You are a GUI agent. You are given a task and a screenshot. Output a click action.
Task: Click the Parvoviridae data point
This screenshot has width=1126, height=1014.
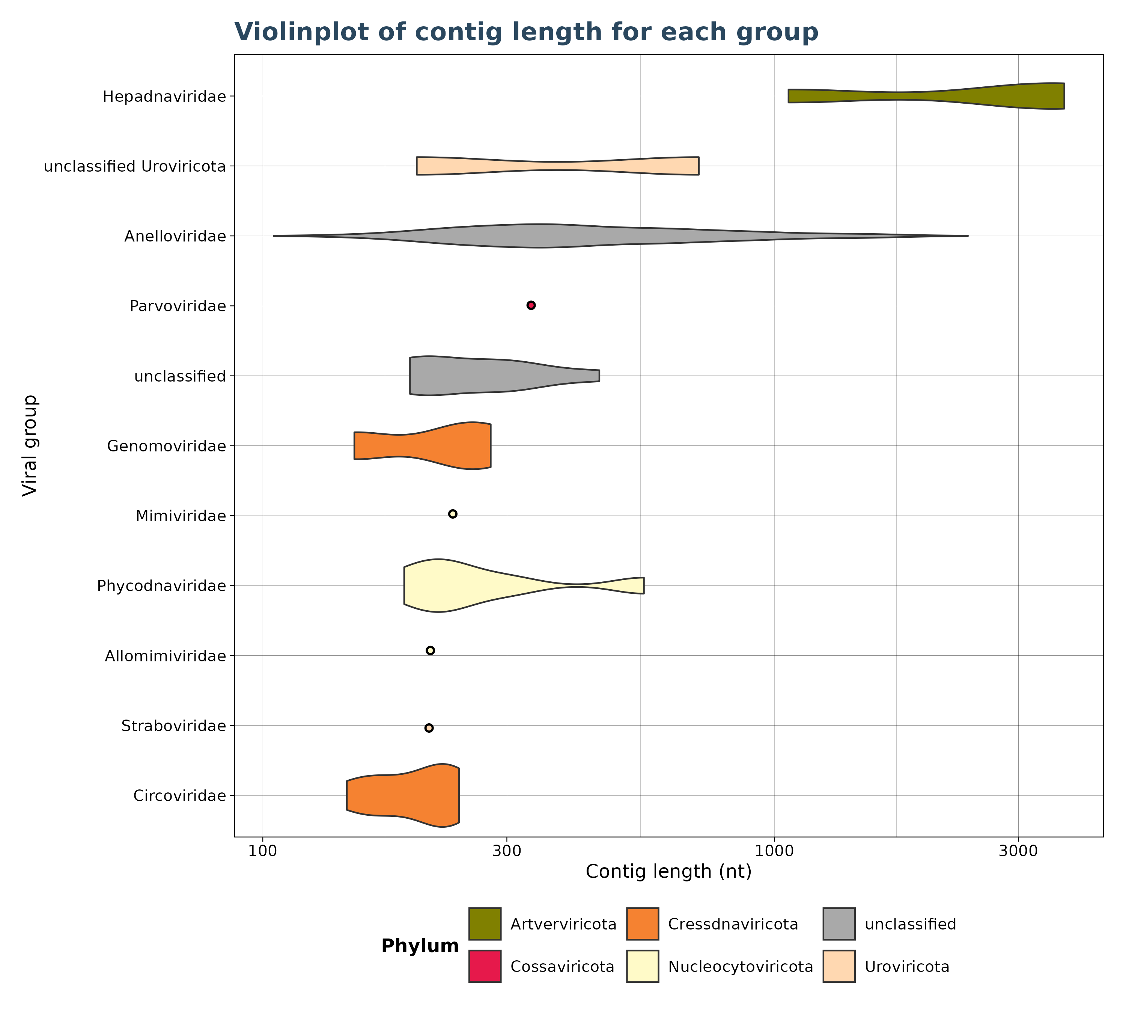pyautogui.click(x=531, y=305)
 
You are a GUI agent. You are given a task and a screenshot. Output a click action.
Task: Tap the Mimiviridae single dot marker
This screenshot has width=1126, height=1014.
pyautogui.click(x=453, y=514)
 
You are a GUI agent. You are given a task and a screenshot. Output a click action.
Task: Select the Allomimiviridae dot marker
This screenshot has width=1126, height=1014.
pyautogui.click(x=430, y=650)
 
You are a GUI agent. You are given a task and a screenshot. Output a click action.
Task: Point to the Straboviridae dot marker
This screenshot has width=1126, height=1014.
pyautogui.click(x=429, y=727)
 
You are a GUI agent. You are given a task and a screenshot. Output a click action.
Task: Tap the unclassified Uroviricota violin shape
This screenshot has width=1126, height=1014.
pyautogui.click(x=557, y=166)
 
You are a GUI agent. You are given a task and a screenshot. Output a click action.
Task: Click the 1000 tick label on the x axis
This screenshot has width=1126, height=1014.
pyautogui.click(x=774, y=851)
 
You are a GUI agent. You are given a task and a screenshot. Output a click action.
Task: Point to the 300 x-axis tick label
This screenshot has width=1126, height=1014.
pyautogui.click(x=507, y=851)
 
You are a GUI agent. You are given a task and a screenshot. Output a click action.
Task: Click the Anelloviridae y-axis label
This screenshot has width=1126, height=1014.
pyautogui.click(x=175, y=236)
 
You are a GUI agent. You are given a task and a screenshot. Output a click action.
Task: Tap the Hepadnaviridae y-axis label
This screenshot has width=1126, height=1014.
pyautogui.click(x=164, y=97)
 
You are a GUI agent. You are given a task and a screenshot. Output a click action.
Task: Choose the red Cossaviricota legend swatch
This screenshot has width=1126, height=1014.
pyautogui.click(x=485, y=966)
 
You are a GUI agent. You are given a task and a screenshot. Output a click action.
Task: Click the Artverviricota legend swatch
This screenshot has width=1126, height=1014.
pyautogui.click(x=485, y=924)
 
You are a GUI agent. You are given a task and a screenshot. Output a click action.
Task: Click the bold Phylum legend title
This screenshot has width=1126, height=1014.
pyautogui.click(x=420, y=946)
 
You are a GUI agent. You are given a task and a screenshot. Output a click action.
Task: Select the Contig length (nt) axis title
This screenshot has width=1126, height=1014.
pyautogui.click(x=668, y=871)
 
